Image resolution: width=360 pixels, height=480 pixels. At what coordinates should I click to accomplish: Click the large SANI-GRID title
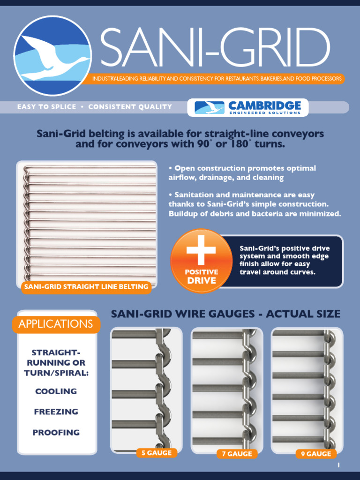click(215, 48)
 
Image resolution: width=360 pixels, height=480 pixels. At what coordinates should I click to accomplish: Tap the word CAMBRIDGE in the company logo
click(265, 105)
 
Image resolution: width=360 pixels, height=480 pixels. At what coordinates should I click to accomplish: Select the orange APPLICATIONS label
click(56, 324)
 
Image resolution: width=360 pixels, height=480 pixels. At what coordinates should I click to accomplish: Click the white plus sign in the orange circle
click(201, 250)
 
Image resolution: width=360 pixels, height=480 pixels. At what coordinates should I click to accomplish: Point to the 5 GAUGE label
click(157, 453)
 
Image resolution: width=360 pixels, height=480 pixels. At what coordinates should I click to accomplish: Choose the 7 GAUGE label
click(237, 454)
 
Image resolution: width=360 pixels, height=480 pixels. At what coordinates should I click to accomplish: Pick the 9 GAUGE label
click(316, 454)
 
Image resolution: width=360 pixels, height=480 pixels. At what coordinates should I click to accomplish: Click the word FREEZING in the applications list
click(56, 412)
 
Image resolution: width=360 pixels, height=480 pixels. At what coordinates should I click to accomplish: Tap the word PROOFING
click(56, 433)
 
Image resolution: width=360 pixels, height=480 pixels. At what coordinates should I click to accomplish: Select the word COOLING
click(56, 391)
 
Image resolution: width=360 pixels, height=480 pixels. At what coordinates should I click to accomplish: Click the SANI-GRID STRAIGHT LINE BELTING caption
click(86, 287)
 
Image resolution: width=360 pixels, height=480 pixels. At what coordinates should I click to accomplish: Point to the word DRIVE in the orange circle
click(202, 281)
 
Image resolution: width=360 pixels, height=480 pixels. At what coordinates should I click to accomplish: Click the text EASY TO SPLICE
click(46, 107)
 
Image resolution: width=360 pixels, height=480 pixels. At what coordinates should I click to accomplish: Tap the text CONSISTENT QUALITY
click(130, 107)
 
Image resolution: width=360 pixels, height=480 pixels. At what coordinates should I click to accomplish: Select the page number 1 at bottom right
click(338, 465)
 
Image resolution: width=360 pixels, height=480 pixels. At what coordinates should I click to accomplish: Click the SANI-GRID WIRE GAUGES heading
click(225, 314)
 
